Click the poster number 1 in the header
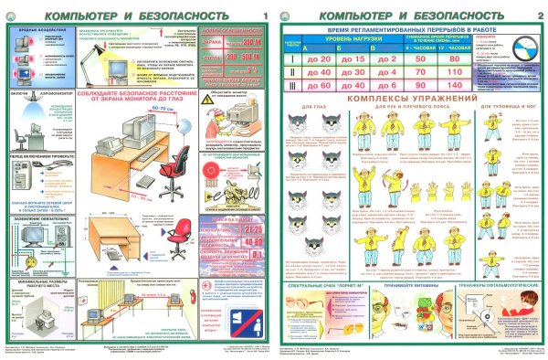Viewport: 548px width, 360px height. tap(265, 16)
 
